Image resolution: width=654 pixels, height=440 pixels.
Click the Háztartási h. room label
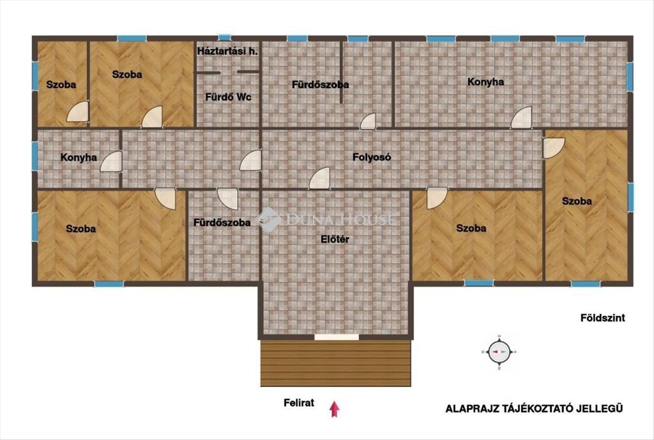coord(227,51)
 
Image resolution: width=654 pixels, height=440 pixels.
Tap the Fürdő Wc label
coord(228,97)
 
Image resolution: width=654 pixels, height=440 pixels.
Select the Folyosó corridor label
coord(372,157)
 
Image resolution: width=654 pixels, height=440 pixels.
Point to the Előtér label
coord(335,239)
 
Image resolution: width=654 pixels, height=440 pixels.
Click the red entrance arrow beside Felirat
coord(335,409)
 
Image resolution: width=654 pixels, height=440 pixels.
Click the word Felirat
coord(299,403)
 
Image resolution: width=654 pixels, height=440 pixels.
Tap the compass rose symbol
coord(499,352)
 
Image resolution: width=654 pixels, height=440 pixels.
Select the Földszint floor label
coord(603,318)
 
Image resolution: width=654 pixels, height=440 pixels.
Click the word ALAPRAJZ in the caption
coord(471,408)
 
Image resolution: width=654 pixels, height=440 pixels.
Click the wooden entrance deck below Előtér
coord(336,363)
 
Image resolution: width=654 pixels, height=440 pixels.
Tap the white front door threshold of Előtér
coord(337,337)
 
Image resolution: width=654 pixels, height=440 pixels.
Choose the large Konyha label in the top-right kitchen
coord(486,82)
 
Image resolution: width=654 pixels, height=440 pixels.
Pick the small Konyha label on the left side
coord(78,158)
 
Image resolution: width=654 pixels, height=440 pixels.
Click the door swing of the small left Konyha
coord(111,162)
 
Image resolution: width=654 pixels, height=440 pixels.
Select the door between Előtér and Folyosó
coord(320,178)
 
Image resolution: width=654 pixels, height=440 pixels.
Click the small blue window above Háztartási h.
coord(225,38)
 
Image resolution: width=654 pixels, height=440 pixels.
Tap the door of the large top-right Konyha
coord(522,117)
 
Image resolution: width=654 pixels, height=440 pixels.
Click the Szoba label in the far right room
coord(577,201)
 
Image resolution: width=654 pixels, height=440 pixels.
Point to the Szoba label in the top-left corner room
coord(61,85)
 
